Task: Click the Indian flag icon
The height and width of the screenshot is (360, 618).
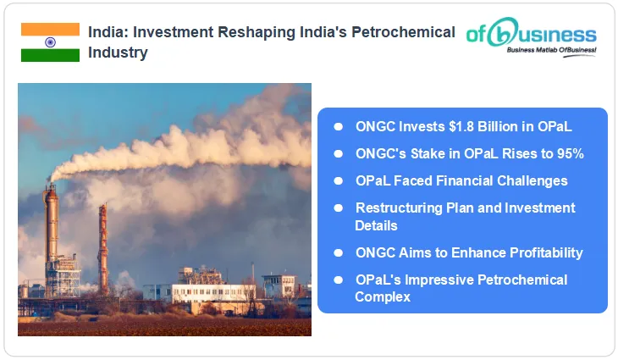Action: [50, 42]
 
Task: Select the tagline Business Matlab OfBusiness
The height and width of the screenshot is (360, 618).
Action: [551, 52]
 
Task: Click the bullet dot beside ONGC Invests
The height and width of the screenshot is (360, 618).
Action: [338, 126]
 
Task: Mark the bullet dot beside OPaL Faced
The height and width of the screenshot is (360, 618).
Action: [338, 180]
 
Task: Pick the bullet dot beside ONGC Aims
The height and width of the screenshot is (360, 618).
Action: [338, 252]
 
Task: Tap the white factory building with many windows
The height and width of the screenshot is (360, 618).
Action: [212, 292]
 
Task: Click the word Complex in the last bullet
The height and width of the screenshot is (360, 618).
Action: [383, 296]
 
